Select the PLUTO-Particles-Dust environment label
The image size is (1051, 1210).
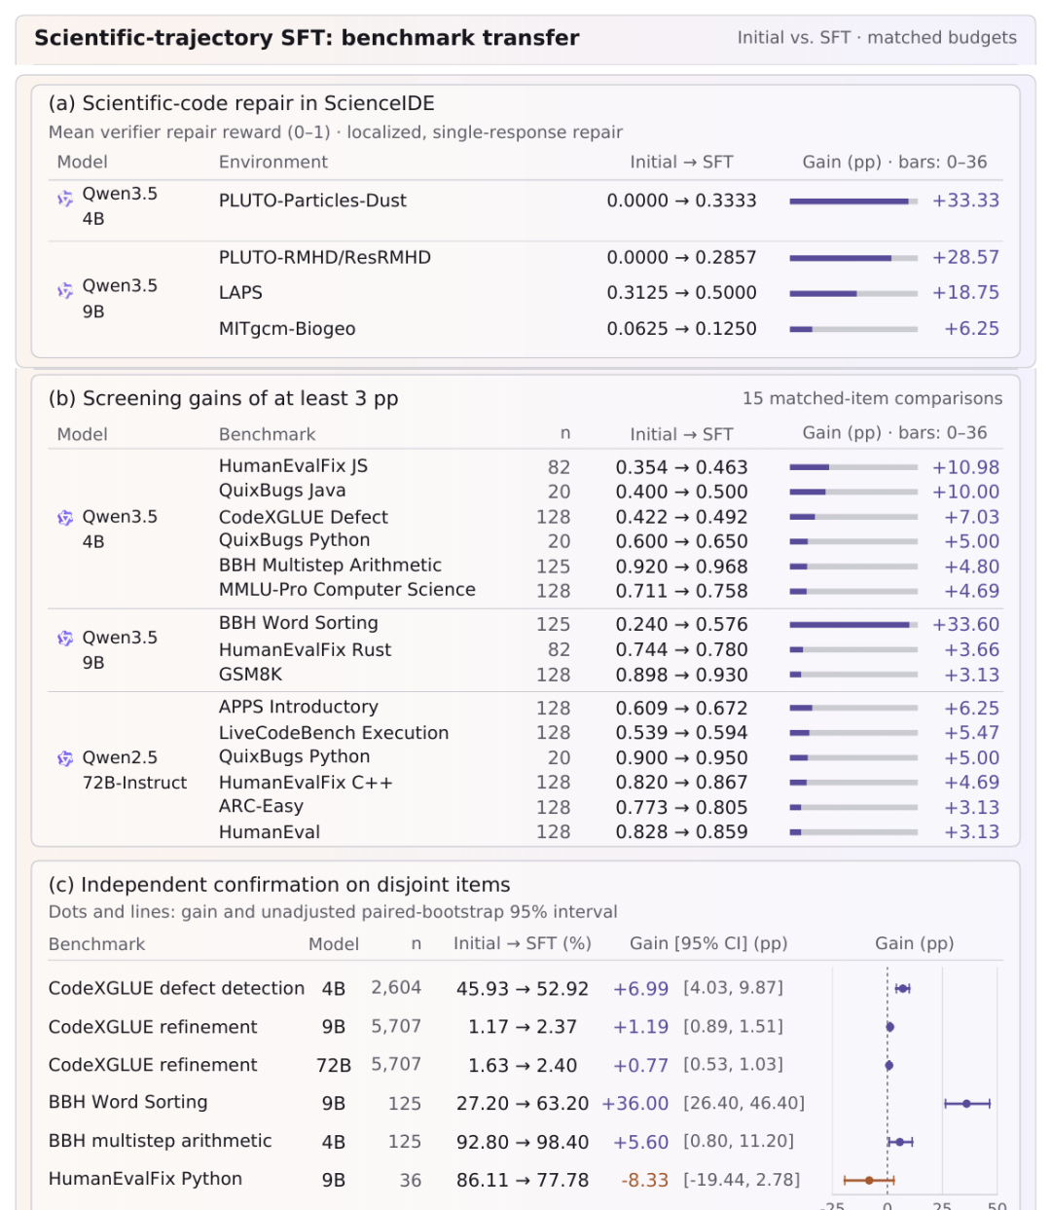click(x=312, y=201)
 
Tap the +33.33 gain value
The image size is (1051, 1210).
click(x=965, y=201)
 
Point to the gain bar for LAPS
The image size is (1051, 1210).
click(x=853, y=293)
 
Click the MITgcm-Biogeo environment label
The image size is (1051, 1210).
click(x=287, y=329)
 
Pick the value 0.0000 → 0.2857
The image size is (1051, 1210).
click(x=681, y=257)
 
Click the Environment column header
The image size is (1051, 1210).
click(x=272, y=162)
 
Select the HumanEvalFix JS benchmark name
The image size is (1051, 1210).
click(x=293, y=466)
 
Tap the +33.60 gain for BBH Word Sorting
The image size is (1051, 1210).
click(x=965, y=624)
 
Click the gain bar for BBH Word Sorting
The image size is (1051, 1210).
click(x=853, y=625)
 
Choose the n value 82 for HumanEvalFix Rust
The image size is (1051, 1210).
click(x=559, y=649)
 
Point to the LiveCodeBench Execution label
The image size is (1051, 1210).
click(x=334, y=733)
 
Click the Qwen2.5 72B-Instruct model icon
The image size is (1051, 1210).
click(x=65, y=758)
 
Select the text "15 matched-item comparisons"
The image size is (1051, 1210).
click(x=872, y=398)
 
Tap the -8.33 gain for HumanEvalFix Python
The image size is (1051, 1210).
click(x=644, y=1180)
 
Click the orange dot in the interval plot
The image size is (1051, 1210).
click(x=868, y=1181)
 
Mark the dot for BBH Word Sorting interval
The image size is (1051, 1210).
click(x=966, y=1104)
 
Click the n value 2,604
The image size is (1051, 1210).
click(x=396, y=988)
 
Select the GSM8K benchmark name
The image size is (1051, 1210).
click(x=250, y=675)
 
